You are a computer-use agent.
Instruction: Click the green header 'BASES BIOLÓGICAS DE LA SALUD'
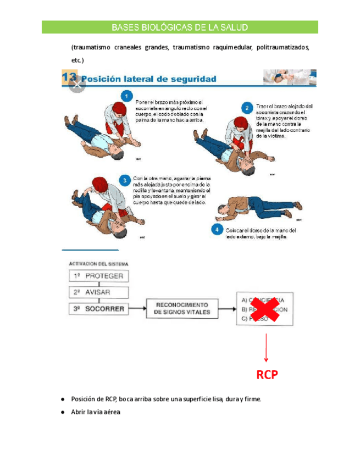point(180,27)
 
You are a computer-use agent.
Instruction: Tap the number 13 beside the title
point(71,77)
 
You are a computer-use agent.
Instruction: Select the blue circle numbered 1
point(128,97)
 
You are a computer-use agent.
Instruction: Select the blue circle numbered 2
point(248,107)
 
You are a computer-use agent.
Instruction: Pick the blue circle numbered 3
point(125,180)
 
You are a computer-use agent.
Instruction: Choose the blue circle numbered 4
point(218,229)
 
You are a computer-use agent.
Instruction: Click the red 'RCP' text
point(267,375)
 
